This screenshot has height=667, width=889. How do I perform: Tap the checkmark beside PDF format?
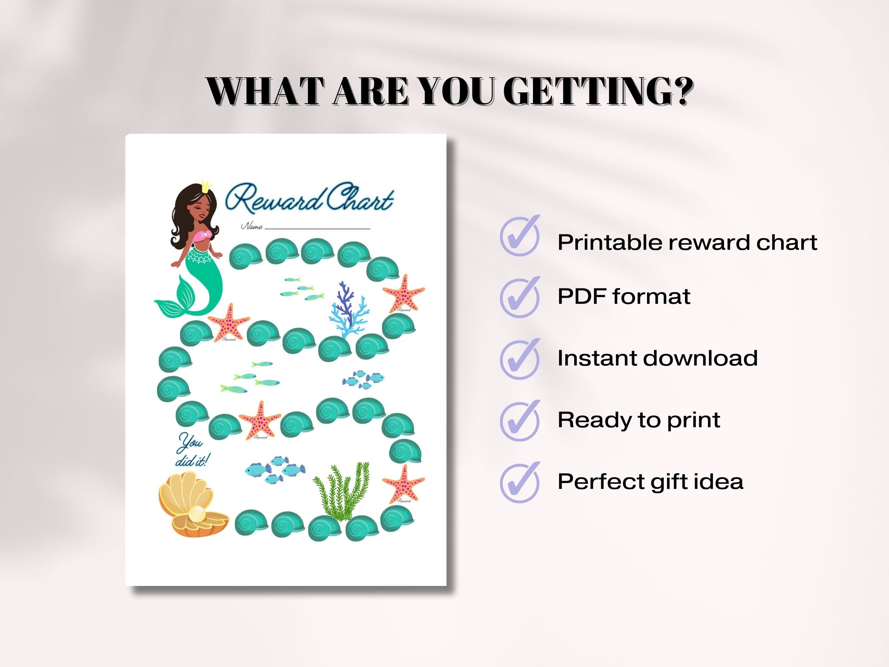tap(520, 297)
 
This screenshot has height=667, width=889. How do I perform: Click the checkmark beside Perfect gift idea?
tap(520, 483)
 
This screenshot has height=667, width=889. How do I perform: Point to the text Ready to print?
tap(639, 420)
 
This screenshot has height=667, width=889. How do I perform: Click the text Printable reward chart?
tap(687, 242)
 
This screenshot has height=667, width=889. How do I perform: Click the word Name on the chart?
tap(252, 226)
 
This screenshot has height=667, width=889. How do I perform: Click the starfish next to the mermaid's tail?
tap(229, 322)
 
